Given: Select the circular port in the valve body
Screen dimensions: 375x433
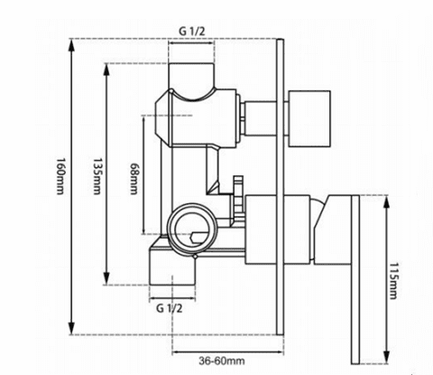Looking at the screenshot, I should (x=189, y=225).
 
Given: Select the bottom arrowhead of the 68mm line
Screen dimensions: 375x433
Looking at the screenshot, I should (x=146, y=233).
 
